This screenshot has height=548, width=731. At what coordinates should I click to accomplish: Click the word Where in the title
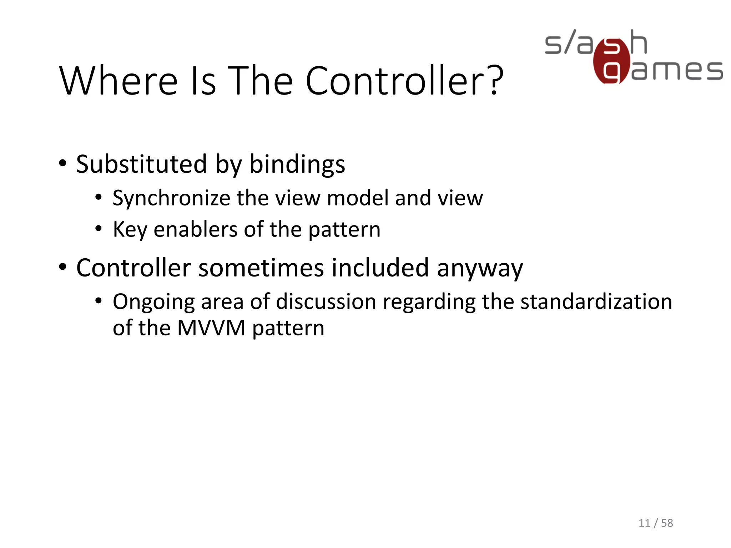tap(118, 81)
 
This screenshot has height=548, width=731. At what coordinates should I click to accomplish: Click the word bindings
tap(297, 165)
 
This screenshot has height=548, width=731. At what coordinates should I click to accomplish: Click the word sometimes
tap(261, 268)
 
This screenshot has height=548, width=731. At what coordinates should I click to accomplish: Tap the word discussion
tap(326, 301)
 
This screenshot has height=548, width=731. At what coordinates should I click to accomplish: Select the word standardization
tap(596, 301)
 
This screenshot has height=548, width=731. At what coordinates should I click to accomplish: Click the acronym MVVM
tap(211, 328)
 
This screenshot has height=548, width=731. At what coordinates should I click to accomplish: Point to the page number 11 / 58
tap(655, 523)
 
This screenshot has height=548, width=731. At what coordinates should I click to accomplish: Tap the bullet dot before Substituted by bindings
tap(63, 163)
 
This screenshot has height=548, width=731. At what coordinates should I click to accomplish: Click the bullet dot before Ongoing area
tap(99, 301)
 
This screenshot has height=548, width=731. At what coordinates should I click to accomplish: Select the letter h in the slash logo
tap(638, 42)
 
